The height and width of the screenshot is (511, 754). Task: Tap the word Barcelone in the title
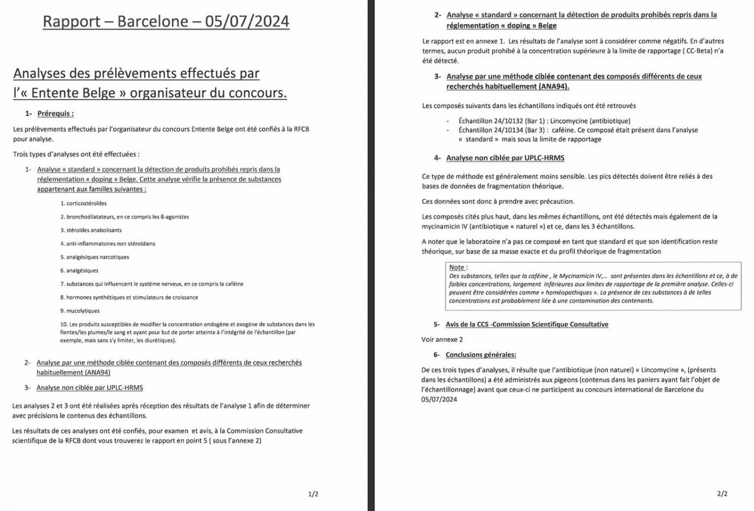[x=153, y=22]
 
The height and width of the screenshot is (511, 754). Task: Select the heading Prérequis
[x=55, y=113]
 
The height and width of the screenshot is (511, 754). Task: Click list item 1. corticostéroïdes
[x=84, y=203]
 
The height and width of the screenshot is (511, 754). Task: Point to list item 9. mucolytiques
[x=80, y=311]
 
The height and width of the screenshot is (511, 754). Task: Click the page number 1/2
[x=313, y=494]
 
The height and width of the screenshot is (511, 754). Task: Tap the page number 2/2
[x=722, y=493]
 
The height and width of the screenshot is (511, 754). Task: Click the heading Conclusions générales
[x=481, y=355]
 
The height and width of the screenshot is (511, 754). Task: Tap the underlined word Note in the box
[x=456, y=267]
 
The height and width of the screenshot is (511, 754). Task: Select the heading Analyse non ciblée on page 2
[x=505, y=158]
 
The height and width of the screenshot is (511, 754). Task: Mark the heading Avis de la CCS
[x=527, y=324]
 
